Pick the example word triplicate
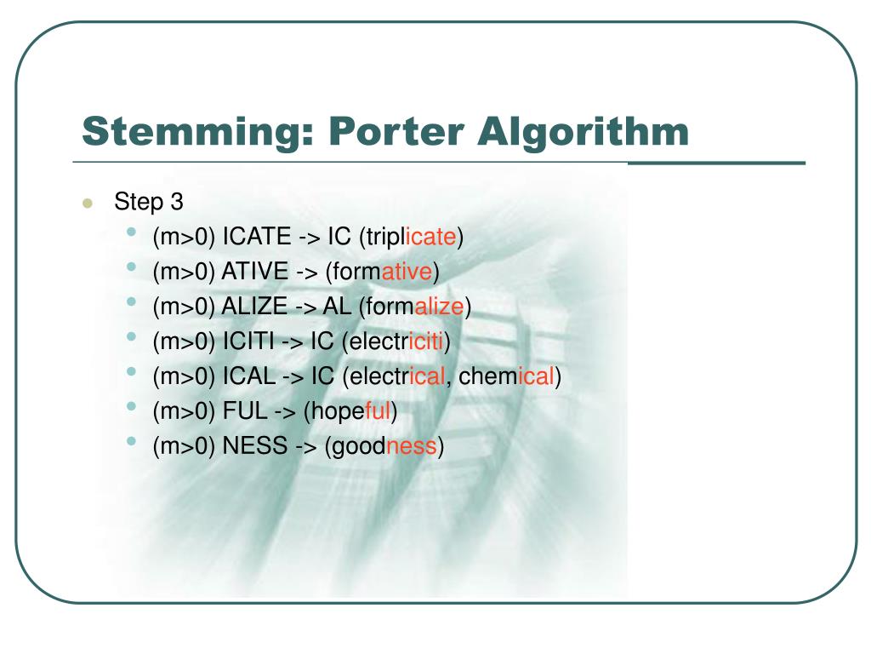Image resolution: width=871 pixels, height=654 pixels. click(413, 238)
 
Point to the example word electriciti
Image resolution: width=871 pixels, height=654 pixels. click(395, 341)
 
